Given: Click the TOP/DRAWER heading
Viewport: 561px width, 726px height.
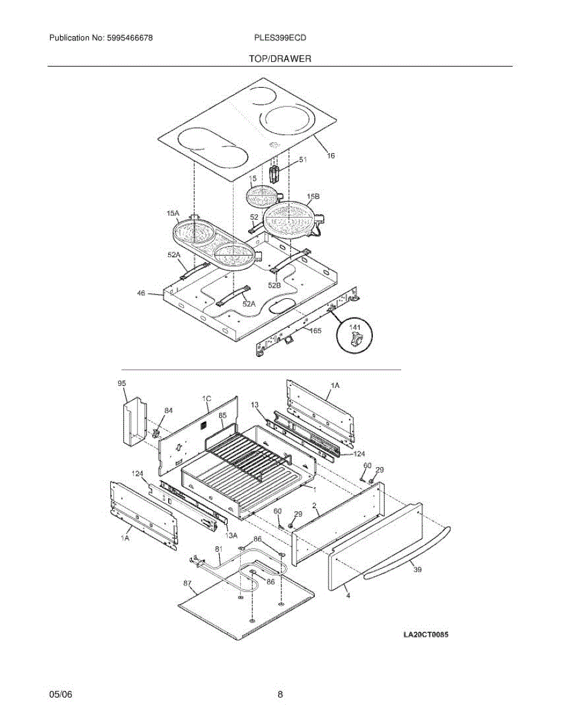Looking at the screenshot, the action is coord(280,59).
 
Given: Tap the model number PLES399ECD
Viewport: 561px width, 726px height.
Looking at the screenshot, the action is coord(280,38).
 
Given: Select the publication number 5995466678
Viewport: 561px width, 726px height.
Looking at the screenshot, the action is coord(130,38).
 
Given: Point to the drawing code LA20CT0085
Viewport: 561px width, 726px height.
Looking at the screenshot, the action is coord(425,634).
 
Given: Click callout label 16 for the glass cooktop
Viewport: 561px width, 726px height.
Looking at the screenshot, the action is coord(330,155).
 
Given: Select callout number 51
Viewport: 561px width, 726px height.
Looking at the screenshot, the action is coord(303,160).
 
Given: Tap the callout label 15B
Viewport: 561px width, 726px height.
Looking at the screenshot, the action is coord(313,197).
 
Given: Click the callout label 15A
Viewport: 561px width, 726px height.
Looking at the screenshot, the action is coord(173,213).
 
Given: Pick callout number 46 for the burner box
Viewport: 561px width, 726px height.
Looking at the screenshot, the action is coord(142,293).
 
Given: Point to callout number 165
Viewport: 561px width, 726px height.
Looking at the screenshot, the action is coord(315,331).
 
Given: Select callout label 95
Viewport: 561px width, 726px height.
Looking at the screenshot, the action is coord(122,383).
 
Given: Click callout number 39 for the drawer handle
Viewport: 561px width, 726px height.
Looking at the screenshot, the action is coord(418,569).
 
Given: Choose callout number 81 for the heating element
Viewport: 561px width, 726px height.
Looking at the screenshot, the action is coord(218,549).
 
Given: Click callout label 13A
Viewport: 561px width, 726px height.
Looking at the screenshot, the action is coord(231,535).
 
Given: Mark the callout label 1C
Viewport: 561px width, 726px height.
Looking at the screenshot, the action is coord(206,399).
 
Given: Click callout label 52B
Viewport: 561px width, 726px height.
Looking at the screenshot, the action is coord(274,286).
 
